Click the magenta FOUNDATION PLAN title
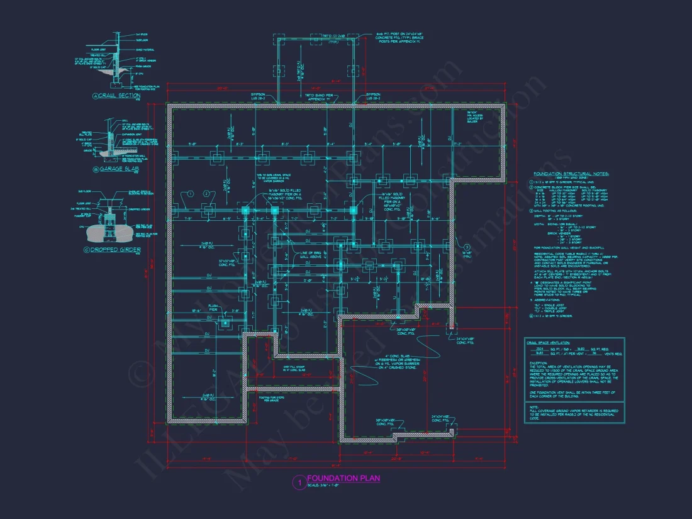click(x=343, y=479)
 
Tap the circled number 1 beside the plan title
click(x=300, y=483)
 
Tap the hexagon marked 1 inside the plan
click(x=189, y=194)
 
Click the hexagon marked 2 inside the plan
click(x=206, y=194)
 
